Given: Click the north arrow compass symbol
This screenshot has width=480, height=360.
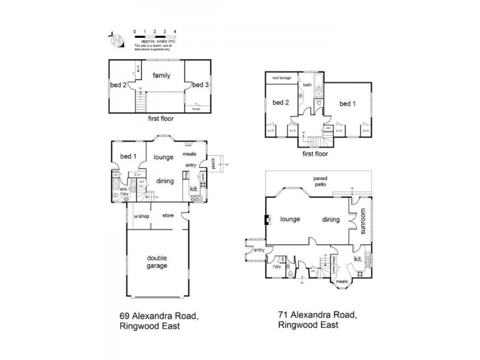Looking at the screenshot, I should pyautogui.click(x=118, y=40).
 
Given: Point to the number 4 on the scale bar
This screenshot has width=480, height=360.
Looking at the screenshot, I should pyautogui.click(x=175, y=30).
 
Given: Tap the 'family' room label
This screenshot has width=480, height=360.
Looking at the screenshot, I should pyautogui.click(x=161, y=76).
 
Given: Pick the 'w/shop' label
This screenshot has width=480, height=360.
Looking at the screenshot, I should pyautogui.click(x=141, y=216).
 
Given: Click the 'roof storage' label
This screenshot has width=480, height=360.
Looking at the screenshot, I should pyautogui.click(x=282, y=77).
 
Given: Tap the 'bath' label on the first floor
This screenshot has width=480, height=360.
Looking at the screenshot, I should pyautogui.click(x=307, y=85).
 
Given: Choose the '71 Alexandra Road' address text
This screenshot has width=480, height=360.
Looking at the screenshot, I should pyautogui.click(x=318, y=314).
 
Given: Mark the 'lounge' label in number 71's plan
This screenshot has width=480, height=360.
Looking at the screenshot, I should pyautogui.click(x=290, y=220).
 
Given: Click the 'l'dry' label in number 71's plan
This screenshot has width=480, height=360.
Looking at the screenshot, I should pyautogui.click(x=277, y=266).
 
